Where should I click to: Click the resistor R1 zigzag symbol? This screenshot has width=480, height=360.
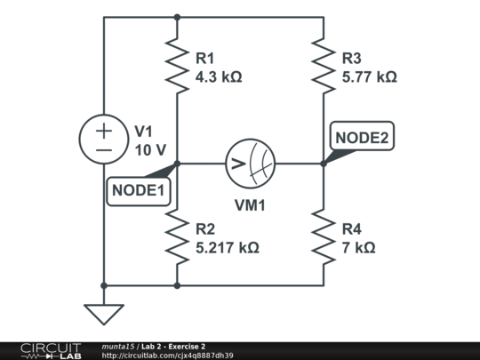(178, 68)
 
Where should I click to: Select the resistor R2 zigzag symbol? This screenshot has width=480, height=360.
(178, 238)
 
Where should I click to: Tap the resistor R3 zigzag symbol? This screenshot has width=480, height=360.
(324, 68)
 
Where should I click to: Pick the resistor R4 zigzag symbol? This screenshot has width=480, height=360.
(324, 238)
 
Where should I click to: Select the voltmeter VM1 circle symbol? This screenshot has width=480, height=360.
(250, 164)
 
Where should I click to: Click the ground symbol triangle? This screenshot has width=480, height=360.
(104, 314)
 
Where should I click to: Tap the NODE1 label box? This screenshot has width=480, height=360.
(139, 190)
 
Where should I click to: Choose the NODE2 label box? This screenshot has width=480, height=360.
(361, 138)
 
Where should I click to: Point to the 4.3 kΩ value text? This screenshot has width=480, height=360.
(218, 77)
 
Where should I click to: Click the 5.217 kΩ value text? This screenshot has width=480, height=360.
(227, 248)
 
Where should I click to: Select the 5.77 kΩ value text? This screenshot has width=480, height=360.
(369, 77)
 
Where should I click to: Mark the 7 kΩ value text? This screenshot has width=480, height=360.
(357, 248)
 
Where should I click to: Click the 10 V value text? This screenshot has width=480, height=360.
(151, 150)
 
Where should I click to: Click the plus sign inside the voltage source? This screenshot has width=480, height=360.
(104, 130)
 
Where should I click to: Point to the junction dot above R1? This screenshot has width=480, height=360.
(178, 17)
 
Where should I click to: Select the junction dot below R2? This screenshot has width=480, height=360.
(178, 285)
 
